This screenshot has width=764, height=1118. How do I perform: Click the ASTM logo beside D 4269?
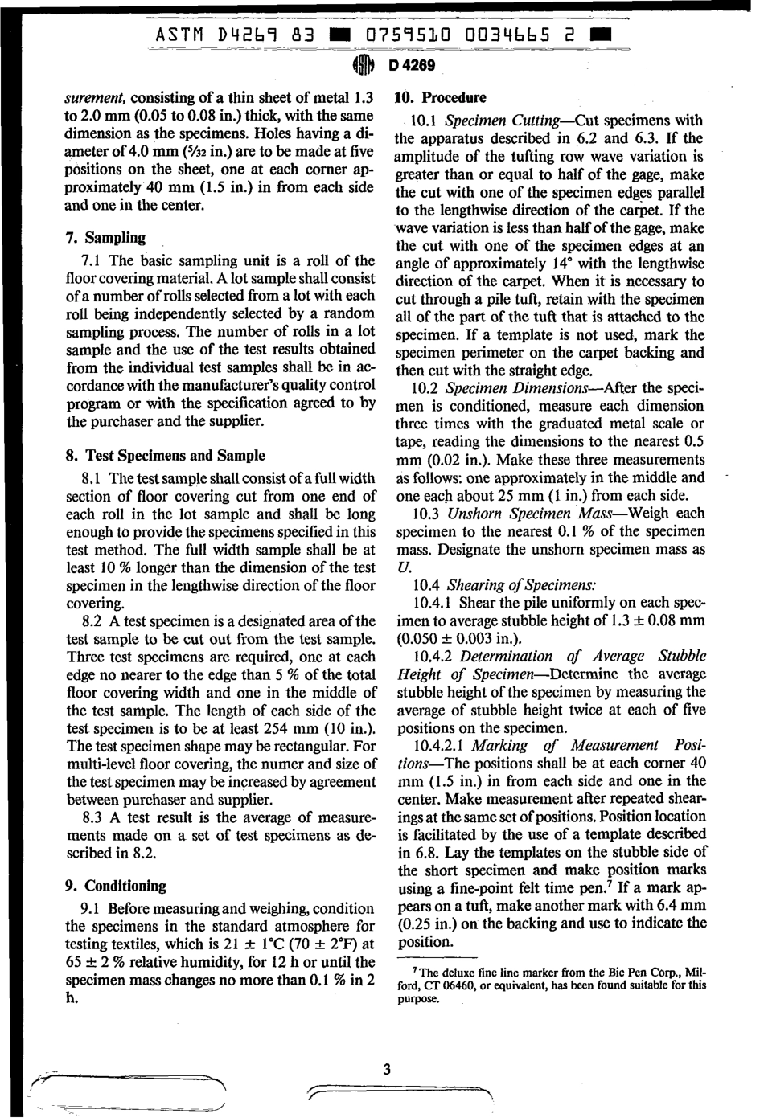point(363,65)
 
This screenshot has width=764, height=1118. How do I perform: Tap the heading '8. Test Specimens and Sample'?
point(165,456)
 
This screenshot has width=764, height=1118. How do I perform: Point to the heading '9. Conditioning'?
point(115,886)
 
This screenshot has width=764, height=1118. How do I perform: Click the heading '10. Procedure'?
point(442,98)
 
